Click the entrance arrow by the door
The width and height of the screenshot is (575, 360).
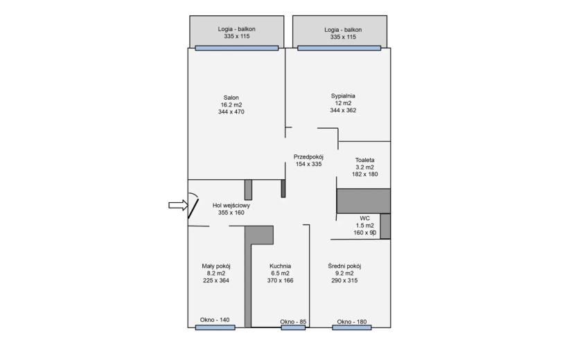click(178, 206)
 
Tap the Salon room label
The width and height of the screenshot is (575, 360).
click(231, 98)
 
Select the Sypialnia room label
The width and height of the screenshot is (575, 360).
click(343, 96)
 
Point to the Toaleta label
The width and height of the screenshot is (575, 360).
click(364, 160)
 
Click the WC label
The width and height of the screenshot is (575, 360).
click(364, 219)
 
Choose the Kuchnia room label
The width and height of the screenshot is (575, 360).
click(280, 266)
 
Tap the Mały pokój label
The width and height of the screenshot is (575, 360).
click(216, 266)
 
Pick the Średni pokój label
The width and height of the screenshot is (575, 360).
click(344, 266)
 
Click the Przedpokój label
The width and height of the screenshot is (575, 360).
click(308, 157)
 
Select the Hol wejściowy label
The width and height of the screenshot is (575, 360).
click(231, 206)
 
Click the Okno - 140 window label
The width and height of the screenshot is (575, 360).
click(215, 320)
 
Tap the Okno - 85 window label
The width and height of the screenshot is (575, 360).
click(293, 322)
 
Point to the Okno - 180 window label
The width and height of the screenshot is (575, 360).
click(352, 322)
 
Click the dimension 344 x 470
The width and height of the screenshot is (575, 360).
click(231, 112)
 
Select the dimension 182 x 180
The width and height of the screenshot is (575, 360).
click(364, 174)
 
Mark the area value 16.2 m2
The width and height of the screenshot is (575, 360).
click(231, 105)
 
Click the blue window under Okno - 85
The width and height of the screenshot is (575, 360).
click(293, 327)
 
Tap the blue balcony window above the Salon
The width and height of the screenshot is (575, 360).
click(236, 48)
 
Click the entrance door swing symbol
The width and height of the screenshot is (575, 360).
click(193, 206)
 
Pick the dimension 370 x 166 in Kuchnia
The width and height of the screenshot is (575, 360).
click(280, 280)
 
